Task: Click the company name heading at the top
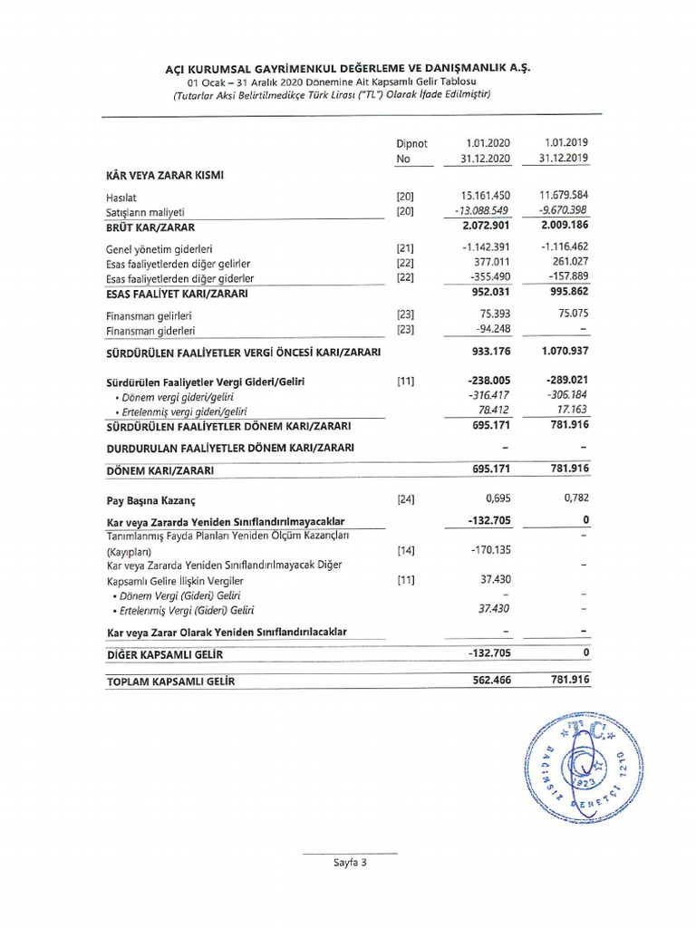[x=348, y=69]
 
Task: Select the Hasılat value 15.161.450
[x=486, y=196]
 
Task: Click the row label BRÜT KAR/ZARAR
[x=150, y=227]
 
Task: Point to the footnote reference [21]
[x=405, y=248]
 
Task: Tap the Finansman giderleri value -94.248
[x=490, y=330]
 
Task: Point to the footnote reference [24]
[x=405, y=499]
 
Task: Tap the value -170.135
[x=490, y=550]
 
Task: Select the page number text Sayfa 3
[x=349, y=863]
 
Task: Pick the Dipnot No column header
[x=411, y=150]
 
